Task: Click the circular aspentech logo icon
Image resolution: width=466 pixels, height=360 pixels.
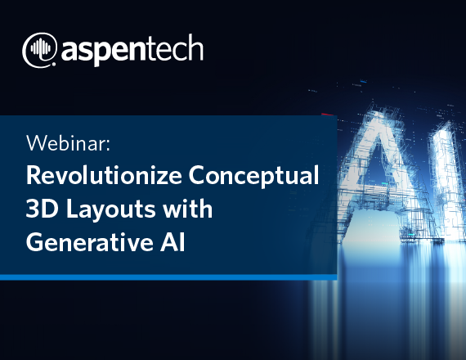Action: point(39,50)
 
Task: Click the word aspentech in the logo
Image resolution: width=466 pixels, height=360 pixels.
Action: point(132,50)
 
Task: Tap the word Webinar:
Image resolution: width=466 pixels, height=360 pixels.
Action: point(69,143)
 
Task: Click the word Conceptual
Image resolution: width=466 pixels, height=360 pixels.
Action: point(253,175)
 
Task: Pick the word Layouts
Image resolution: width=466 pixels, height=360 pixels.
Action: point(110,210)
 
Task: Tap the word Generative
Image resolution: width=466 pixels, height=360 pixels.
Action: point(89,242)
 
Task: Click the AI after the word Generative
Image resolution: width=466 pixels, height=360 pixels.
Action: point(173,242)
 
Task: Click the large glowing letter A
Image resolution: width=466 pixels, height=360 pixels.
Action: point(383,173)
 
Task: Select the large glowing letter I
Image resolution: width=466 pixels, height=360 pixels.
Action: point(447,178)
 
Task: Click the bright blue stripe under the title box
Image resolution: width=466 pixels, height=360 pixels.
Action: point(168,277)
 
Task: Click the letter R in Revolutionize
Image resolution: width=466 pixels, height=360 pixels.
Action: point(33,175)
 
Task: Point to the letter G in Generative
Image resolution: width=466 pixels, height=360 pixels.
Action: point(35,242)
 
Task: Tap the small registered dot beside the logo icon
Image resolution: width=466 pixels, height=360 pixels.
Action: point(54,64)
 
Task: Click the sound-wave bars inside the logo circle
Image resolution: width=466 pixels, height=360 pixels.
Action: point(40,48)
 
